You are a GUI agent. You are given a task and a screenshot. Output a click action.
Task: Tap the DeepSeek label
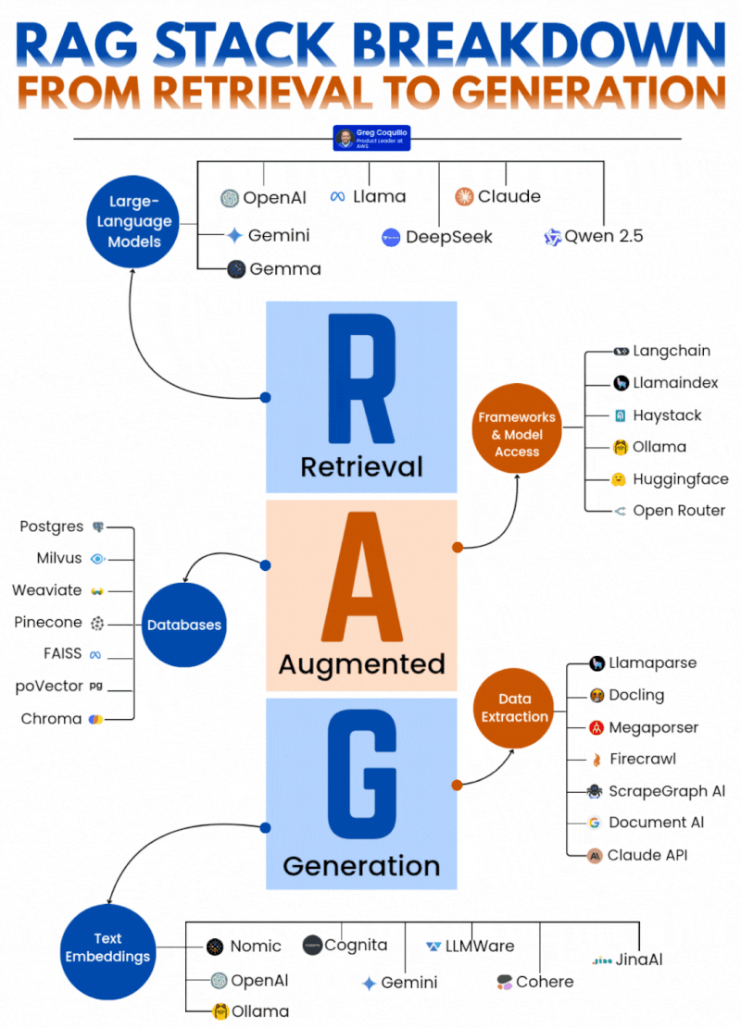click(449, 237)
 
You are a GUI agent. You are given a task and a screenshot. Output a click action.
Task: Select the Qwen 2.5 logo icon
click(553, 237)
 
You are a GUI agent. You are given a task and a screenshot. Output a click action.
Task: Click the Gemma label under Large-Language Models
click(286, 269)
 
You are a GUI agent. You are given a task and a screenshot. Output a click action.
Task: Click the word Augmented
click(361, 663)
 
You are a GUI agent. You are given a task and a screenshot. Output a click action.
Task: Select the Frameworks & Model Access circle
click(517, 428)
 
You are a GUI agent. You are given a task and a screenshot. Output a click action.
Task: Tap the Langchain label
click(672, 351)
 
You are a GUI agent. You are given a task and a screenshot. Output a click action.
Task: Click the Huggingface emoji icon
click(620, 479)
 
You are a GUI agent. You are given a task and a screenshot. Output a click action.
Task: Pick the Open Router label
click(679, 511)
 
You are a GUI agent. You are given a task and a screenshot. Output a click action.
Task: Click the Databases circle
click(184, 625)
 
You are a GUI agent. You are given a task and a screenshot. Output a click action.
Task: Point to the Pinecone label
click(48, 623)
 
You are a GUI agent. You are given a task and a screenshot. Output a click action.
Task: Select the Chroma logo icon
click(95, 719)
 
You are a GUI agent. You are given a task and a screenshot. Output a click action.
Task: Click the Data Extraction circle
click(514, 708)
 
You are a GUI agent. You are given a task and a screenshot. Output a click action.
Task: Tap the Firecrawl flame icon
click(597, 760)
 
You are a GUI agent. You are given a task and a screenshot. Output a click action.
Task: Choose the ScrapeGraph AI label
click(667, 791)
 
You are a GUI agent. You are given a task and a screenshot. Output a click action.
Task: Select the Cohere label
click(545, 982)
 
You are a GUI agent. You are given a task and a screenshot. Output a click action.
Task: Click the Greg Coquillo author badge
click(371, 139)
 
